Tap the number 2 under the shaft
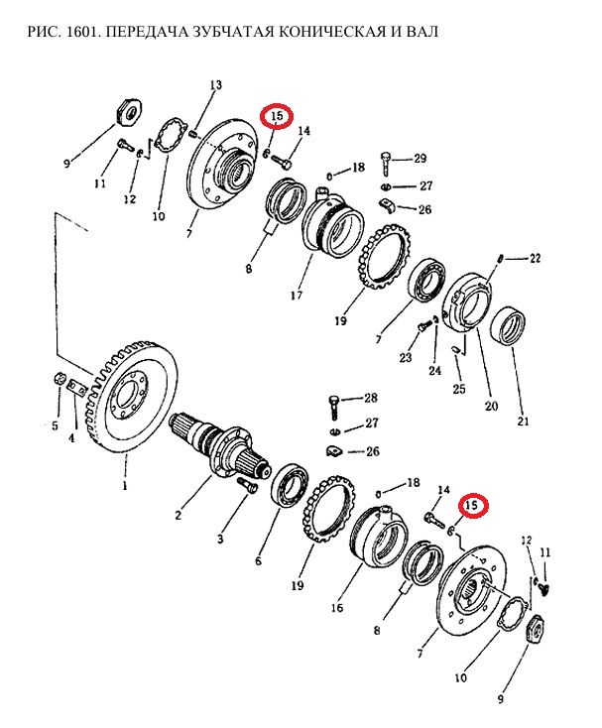pyautogui.click(x=178, y=515)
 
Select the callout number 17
pyautogui.click(x=295, y=294)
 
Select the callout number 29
pyautogui.click(x=420, y=159)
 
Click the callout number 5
pyautogui.click(x=56, y=425)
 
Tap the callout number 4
pyautogui.click(x=70, y=437)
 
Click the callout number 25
pyautogui.click(x=457, y=389)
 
